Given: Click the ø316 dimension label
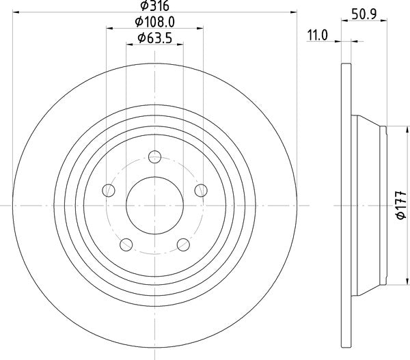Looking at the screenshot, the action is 155,5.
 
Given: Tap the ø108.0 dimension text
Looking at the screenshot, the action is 155,22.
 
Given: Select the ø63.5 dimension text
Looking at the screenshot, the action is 155,38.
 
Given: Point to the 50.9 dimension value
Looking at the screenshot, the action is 364,14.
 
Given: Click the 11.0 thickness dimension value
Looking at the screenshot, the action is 317,36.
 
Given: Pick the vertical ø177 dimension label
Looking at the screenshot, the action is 401,205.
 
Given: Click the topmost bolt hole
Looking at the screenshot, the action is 155,157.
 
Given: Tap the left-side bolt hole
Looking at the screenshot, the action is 109,191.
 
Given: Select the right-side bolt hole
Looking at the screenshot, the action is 201,191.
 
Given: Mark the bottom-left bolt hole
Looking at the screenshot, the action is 126,245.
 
